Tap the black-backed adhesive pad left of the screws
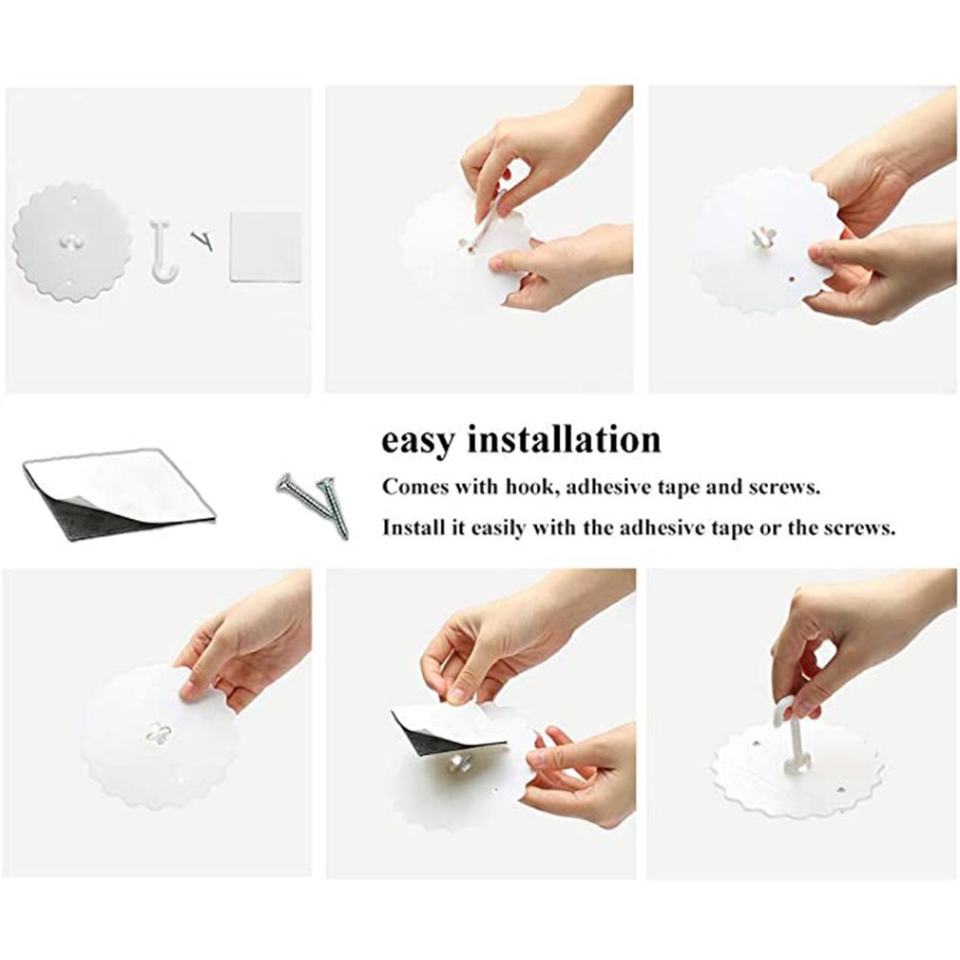[119, 492]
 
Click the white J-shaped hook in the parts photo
[163, 251]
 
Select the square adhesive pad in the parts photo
[265, 246]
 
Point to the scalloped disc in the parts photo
[72, 242]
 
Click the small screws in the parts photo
[202, 240]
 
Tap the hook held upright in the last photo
[790, 732]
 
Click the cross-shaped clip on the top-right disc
[764, 237]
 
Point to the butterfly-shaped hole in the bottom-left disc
[159, 734]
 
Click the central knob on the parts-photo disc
[72, 241]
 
